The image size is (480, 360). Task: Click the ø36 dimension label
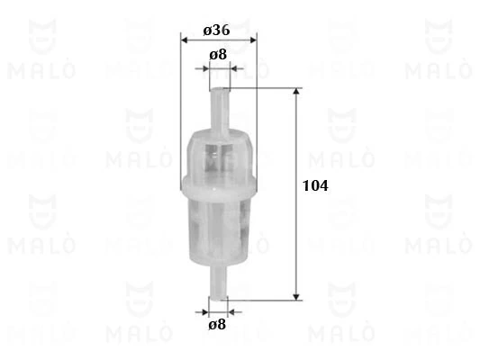pos(216,31)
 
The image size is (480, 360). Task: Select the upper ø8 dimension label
pos(218,55)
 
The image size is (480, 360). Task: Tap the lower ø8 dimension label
pos(217,325)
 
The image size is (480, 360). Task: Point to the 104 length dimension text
pos(315,186)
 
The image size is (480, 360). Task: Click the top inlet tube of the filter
pos(220,110)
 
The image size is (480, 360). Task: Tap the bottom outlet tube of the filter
pos(218,282)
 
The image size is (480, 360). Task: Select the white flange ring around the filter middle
pos(219,186)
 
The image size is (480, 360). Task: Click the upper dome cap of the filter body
pos(219,155)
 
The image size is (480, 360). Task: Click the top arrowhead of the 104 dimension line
pos(296,92)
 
